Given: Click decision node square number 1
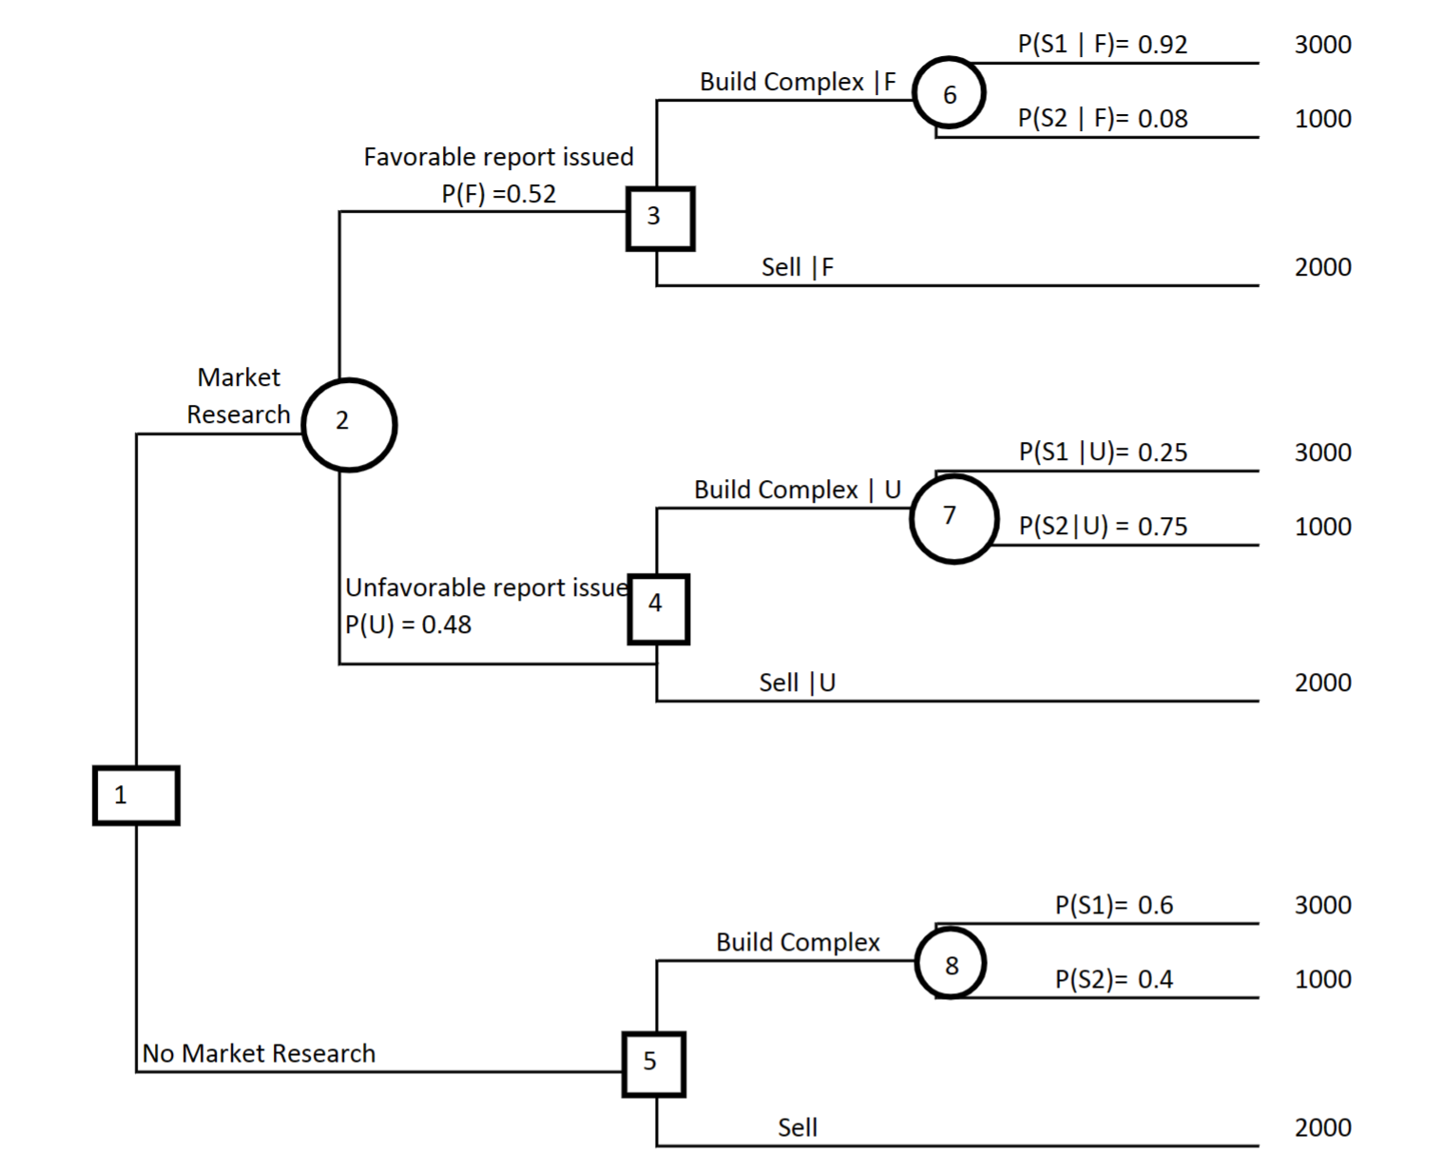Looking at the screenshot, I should pyautogui.click(x=136, y=795).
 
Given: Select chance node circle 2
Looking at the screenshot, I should pyautogui.click(x=349, y=424).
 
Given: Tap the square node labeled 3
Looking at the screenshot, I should pyautogui.click(x=660, y=218).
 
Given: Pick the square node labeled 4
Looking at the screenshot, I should pyautogui.click(x=658, y=608).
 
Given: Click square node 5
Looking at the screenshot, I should pyautogui.click(x=654, y=1064).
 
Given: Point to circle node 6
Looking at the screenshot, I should pyautogui.click(x=949, y=93).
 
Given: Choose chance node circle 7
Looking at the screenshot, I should pyautogui.click(x=953, y=518).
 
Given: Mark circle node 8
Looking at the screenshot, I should pyautogui.click(x=951, y=963).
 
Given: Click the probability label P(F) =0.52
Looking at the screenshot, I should pyautogui.click(x=498, y=194).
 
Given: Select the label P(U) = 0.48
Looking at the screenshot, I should pyautogui.click(x=408, y=624).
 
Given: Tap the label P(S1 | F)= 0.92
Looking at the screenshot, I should pyautogui.click(x=1102, y=45).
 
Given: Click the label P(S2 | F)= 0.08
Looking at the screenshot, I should pyautogui.click(x=1102, y=119).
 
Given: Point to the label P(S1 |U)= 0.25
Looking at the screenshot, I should pyautogui.click(x=1103, y=452).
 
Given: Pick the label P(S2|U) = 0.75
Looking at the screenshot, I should pyautogui.click(x=1103, y=527).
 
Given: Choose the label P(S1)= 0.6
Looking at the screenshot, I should pyautogui.click(x=1113, y=905).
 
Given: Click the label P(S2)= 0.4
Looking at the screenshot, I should pyautogui.click(x=1113, y=979).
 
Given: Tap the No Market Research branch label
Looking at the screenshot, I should pyautogui.click(x=259, y=1053).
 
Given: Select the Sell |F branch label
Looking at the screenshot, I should pyautogui.click(x=797, y=267).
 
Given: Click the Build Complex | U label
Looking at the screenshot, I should pyautogui.click(x=797, y=490).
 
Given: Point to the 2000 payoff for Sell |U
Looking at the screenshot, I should pyautogui.click(x=1322, y=682).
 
